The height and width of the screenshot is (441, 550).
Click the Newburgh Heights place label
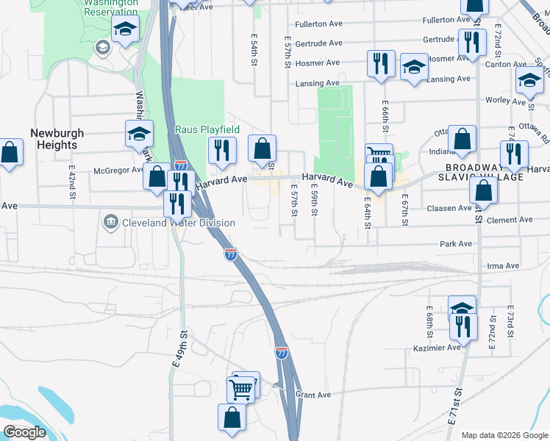(x=57, y=139)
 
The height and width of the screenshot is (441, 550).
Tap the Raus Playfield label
(x=207, y=129)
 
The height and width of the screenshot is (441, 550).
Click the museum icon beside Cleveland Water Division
(x=111, y=221)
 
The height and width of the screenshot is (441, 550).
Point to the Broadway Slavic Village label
(x=480, y=172)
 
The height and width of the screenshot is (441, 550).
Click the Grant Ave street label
(x=313, y=395)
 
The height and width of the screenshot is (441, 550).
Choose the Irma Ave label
(x=503, y=266)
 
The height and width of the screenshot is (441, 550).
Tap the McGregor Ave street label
(x=119, y=171)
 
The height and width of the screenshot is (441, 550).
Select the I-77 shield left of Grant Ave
(x=282, y=353)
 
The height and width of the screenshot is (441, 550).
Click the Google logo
(x=25, y=431)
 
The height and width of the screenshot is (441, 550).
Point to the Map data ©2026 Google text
(x=504, y=435)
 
